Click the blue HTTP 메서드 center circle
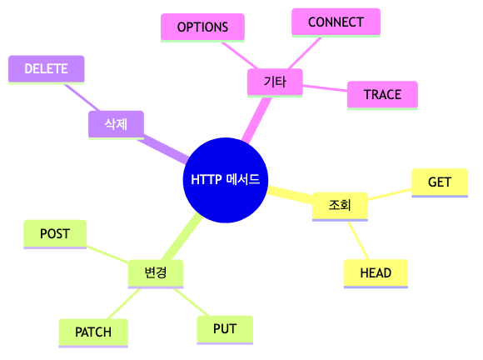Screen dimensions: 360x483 point(225,180)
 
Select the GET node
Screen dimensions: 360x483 point(440,182)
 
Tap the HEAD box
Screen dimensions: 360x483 point(376,273)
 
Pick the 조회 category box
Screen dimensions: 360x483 point(340,205)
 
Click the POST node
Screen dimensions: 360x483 point(55,234)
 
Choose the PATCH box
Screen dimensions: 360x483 point(93,332)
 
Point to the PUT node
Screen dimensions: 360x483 point(225,328)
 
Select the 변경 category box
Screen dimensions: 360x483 point(156,272)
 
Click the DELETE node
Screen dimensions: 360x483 point(46,69)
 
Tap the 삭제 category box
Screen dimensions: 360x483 point(116,124)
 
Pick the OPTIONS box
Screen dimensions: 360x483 point(202,27)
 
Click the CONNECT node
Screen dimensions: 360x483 point(336,22)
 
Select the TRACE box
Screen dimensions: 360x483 point(382,95)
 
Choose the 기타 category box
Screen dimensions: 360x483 point(275,82)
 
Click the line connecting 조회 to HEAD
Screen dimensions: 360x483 point(359,240)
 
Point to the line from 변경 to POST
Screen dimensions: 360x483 point(107,253)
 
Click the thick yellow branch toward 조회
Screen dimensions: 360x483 point(288,196)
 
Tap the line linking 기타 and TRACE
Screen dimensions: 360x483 point(325,88)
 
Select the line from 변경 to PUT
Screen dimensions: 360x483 point(190,301)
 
